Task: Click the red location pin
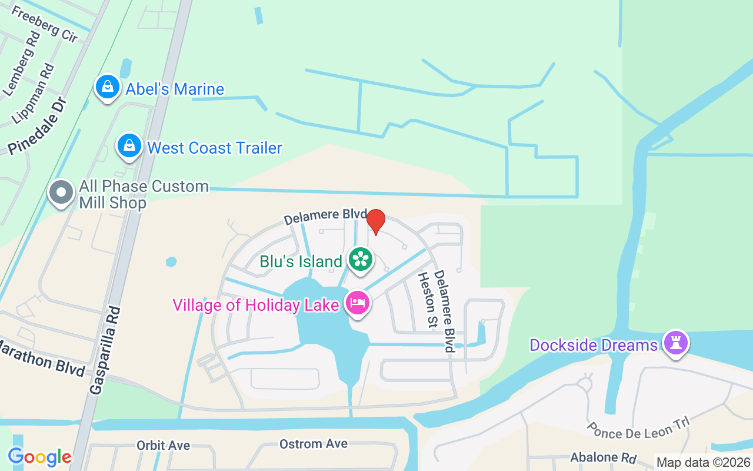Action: pyautogui.click(x=376, y=221)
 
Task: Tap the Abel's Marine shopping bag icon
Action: pyautogui.click(x=108, y=87)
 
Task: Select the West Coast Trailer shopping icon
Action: pyautogui.click(x=129, y=145)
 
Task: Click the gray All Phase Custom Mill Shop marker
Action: pyautogui.click(x=61, y=193)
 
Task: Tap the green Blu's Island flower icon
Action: pyautogui.click(x=360, y=260)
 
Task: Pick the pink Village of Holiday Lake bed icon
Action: pyautogui.click(x=358, y=303)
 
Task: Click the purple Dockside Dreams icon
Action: pyautogui.click(x=675, y=343)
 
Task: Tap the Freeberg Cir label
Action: pyautogui.click(x=44, y=24)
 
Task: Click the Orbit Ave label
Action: pyautogui.click(x=164, y=446)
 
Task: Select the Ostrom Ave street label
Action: pyautogui.click(x=314, y=444)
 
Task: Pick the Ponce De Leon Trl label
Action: pyautogui.click(x=638, y=429)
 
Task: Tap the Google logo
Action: pyautogui.click(x=39, y=456)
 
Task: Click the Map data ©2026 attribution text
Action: pyautogui.click(x=703, y=463)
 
